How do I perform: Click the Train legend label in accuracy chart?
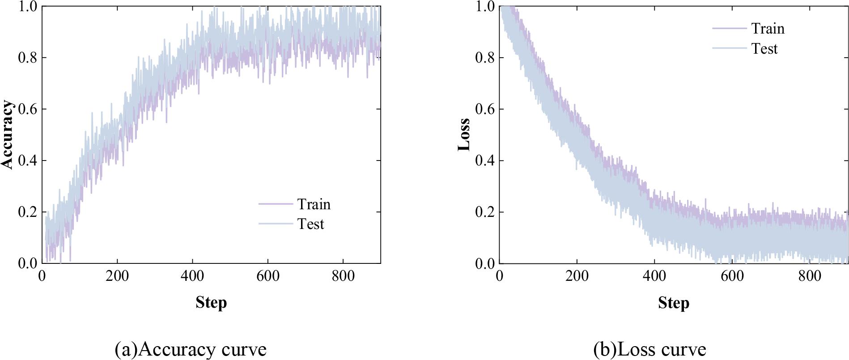(314, 204)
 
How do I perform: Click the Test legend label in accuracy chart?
(310, 224)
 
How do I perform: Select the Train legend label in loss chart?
(768, 29)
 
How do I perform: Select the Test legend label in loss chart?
(764, 48)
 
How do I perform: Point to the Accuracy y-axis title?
(8, 135)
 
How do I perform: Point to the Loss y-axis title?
(464, 135)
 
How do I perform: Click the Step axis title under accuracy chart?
(211, 303)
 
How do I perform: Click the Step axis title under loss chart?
(673, 303)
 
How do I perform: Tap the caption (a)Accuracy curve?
(191, 349)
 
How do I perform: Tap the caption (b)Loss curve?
(649, 349)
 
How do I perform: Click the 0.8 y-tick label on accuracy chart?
(27, 58)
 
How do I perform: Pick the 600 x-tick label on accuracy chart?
(267, 276)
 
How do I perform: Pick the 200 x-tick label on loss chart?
(577, 276)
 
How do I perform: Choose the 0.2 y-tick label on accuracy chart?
(27, 212)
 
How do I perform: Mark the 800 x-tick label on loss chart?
(809, 276)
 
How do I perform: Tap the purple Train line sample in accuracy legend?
(275, 204)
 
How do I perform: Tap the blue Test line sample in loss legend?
(730, 48)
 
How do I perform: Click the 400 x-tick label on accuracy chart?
(192, 276)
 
